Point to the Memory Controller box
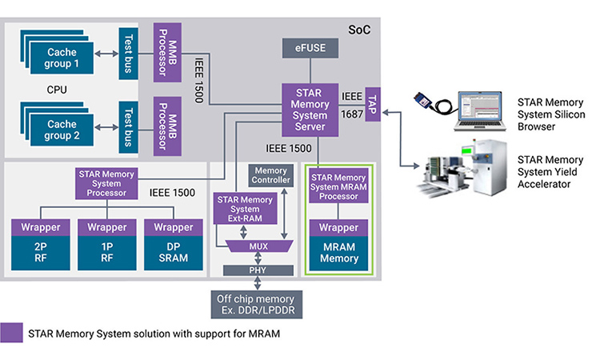point(270,176)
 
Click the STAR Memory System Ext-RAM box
point(238,210)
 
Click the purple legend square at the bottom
point(11,333)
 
